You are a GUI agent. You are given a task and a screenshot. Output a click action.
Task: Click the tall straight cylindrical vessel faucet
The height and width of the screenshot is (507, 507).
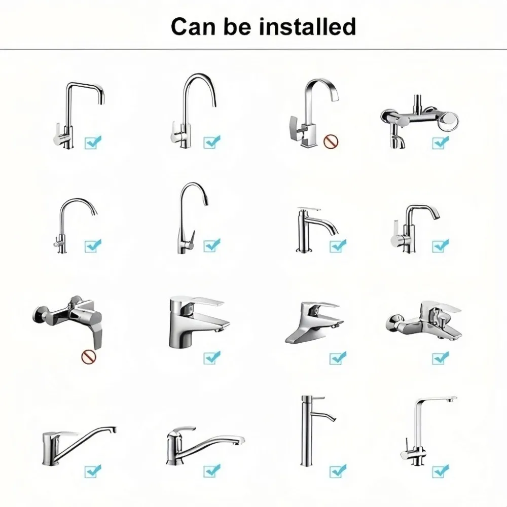(307, 431)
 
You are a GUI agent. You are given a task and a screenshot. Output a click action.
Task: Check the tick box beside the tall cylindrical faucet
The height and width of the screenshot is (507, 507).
(338, 471)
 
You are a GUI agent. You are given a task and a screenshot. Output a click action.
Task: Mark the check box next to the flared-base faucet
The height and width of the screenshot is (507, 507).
(338, 358)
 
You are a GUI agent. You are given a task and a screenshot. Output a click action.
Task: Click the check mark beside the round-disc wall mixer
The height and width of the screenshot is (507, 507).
(441, 142)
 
